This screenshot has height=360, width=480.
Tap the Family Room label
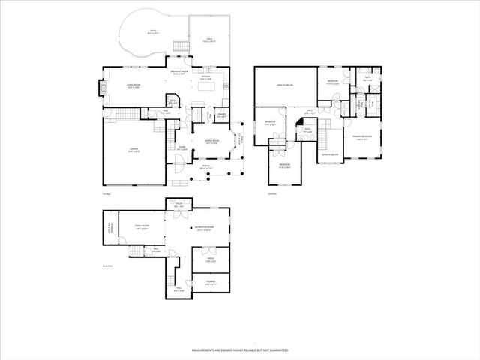click(142, 226)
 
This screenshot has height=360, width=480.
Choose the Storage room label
click(211, 283)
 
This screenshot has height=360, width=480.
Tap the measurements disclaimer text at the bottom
click(240, 349)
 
